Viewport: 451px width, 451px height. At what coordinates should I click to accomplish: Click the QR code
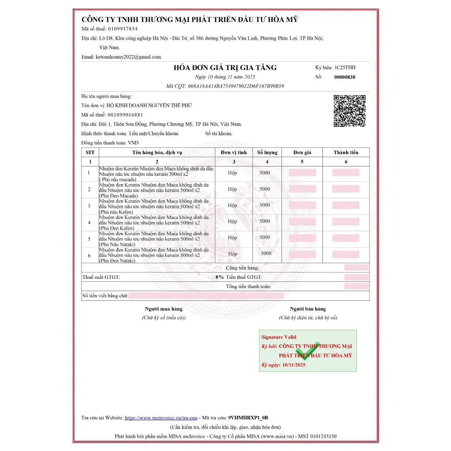pyautogui.click(x=349, y=111)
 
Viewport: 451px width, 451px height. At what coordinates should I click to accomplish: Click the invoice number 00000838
pyautogui.click(x=344, y=77)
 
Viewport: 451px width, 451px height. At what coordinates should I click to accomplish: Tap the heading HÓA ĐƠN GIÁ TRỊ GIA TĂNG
pyautogui.click(x=225, y=67)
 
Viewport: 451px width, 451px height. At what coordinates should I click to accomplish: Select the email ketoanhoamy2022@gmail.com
pyautogui.click(x=128, y=57)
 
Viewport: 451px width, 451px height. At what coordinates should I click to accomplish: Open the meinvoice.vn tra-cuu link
pyautogui.click(x=161, y=418)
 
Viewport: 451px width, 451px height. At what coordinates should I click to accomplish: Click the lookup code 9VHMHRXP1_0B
pyautogui.click(x=248, y=418)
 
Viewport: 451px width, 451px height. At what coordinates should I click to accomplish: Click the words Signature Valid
pyautogui.click(x=279, y=337)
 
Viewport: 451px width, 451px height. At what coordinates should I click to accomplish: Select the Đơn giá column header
pyautogui.click(x=302, y=152)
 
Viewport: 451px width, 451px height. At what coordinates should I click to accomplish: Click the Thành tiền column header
pyautogui.click(x=346, y=152)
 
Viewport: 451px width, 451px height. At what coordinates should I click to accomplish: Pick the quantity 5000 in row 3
pyautogui.click(x=265, y=205)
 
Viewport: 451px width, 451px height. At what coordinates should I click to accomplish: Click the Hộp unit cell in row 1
pyautogui.click(x=233, y=173)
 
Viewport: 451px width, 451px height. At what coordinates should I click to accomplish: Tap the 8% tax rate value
pyautogui.click(x=219, y=277)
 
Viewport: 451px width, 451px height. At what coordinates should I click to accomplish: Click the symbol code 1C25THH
pyautogui.click(x=345, y=67)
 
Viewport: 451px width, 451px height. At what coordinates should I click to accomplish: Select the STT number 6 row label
pyautogui.click(x=89, y=255)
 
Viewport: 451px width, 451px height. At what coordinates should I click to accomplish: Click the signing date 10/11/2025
pyautogui.click(x=294, y=365)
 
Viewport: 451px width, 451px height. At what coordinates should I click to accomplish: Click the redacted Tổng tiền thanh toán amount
pyautogui.click(x=356, y=286)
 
